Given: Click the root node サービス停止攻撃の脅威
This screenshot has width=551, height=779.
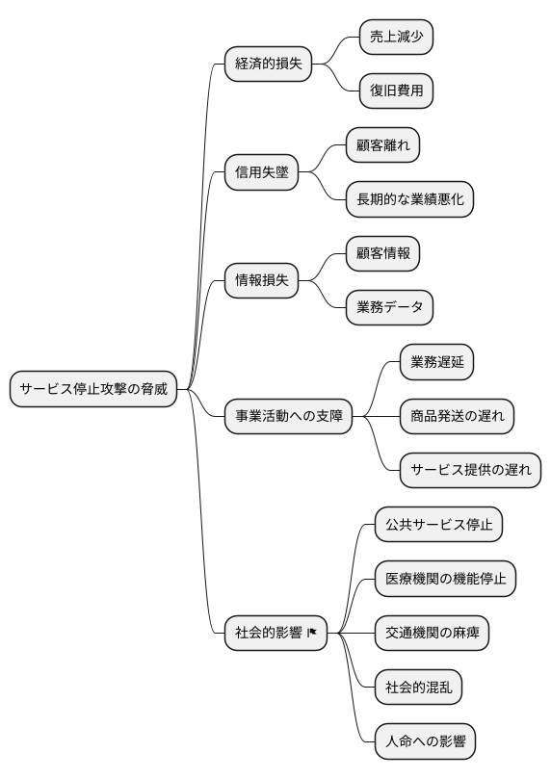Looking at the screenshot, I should point(93,390).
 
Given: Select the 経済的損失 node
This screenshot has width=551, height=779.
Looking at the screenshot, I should point(269,65).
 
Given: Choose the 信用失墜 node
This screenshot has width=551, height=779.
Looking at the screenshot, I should point(261,172).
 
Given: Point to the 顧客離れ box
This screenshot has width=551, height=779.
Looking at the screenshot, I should point(382,145).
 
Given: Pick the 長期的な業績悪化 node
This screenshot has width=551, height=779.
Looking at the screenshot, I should point(410,199).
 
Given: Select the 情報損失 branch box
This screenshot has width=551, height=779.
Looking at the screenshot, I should point(261,281).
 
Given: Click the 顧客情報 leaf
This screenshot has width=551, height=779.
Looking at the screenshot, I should point(382,254).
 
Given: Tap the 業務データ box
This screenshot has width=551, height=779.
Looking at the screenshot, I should point(389,308).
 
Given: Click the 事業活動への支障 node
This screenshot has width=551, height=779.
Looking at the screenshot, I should point(289,417).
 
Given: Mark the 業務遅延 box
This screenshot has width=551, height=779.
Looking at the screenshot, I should point(436,362).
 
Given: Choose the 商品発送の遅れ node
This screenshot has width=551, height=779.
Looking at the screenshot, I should point(457,417).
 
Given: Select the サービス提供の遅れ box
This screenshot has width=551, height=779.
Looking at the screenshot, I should point(470,471).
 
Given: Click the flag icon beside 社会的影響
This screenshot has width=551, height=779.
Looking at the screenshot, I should point(312,634).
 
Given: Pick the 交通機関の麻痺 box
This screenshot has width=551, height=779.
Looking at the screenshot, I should point(432,634).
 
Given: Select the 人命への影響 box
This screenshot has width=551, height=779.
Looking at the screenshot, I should point(425,742).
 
